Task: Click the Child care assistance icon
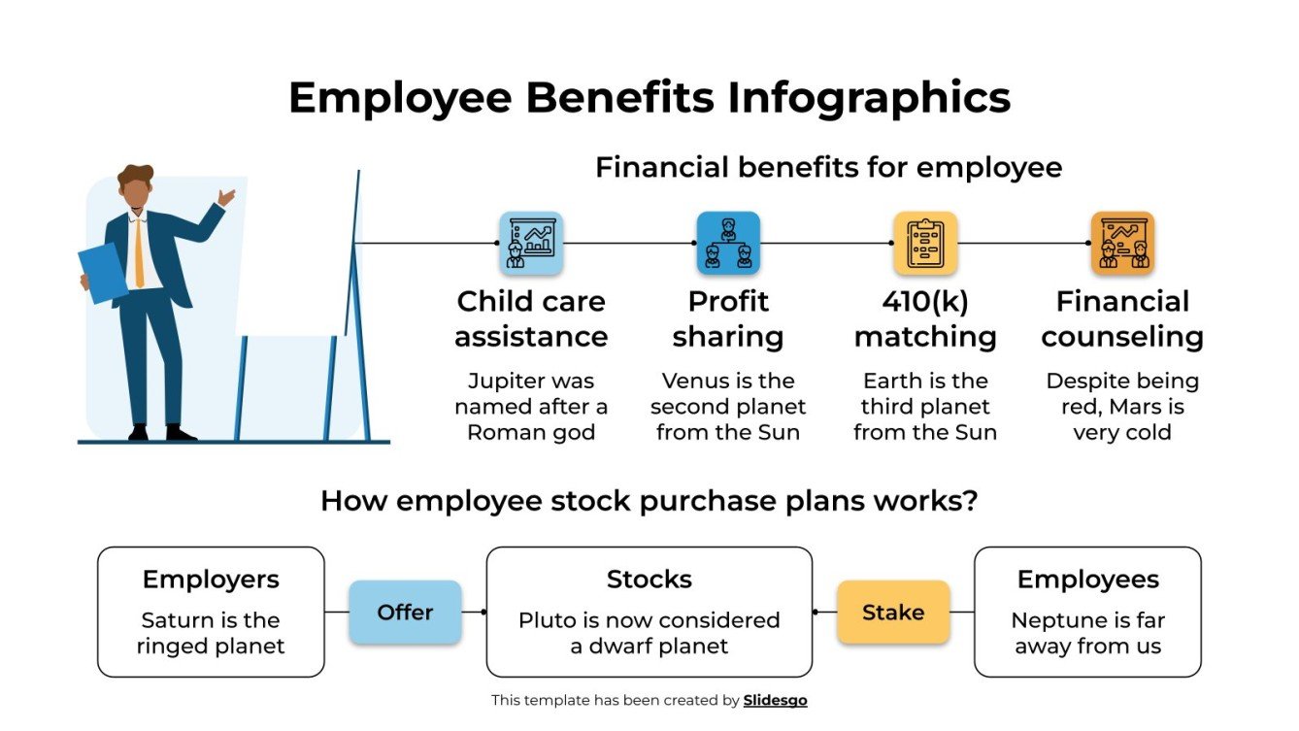pyautogui.click(x=531, y=243)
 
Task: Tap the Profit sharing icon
pyautogui.click(x=728, y=243)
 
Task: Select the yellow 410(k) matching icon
pyautogui.click(x=925, y=243)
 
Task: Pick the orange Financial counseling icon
pyautogui.click(x=1122, y=243)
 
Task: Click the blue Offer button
pyautogui.click(x=405, y=613)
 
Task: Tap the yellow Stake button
pyautogui.click(x=893, y=613)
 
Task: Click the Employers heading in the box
pyautogui.click(x=211, y=580)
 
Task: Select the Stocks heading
pyautogui.click(x=649, y=580)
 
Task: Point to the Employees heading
pyautogui.click(x=1087, y=580)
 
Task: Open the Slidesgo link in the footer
pyautogui.click(x=775, y=700)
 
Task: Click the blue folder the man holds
pyautogui.click(x=102, y=272)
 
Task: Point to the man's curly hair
pyautogui.click(x=135, y=178)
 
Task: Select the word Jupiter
pyautogui.click(x=504, y=381)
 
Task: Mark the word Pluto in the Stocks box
pyautogui.click(x=546, y=620)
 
